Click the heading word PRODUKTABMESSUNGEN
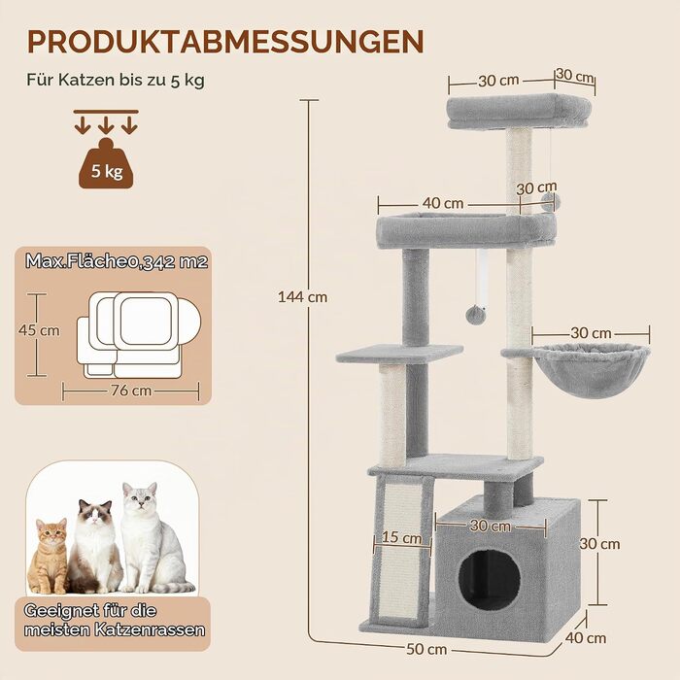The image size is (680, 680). [225, 42]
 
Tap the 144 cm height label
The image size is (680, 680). [303, 297]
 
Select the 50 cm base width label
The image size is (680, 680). [426, 649]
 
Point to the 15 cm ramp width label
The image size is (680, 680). [401, 538]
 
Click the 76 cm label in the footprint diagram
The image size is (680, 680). [131, 391]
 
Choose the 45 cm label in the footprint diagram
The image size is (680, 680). [39, 330]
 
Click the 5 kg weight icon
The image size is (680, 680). [106, 163]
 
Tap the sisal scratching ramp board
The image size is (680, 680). [401, 552]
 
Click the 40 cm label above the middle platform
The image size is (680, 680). [442, 203]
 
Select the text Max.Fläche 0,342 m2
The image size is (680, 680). [117, 261]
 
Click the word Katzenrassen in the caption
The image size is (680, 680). [150, 629]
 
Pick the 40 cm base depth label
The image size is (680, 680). [586, 638]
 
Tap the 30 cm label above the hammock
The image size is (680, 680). [591, 333]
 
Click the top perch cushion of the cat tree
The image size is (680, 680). [519, 113]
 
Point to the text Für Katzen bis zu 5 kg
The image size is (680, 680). [116, 80]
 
